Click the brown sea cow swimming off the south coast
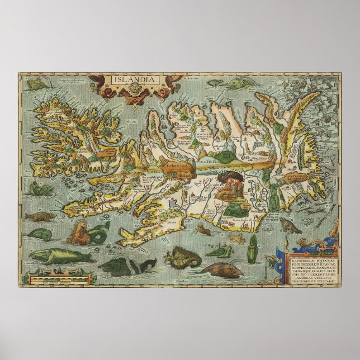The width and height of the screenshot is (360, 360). pos(203,229)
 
